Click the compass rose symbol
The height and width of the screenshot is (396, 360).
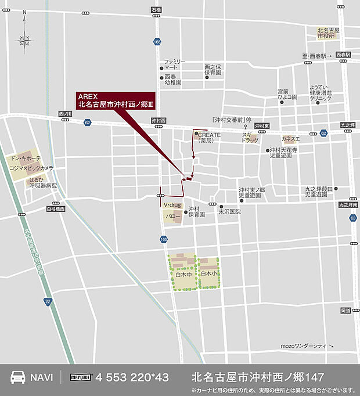(x=24, y=39)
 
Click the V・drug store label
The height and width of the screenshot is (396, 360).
(x=172, y=206)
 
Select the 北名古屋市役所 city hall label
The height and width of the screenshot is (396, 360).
(x=328, y=33)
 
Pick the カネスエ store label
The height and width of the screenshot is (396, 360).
(x=290, y=139)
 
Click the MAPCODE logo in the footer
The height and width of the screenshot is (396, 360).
(x=82, y=377)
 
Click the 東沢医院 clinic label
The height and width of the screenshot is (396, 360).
(x=229, y=211)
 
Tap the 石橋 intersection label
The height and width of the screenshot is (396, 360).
(x=155, y=10)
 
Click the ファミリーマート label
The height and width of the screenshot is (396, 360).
(x=174, y=64)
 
